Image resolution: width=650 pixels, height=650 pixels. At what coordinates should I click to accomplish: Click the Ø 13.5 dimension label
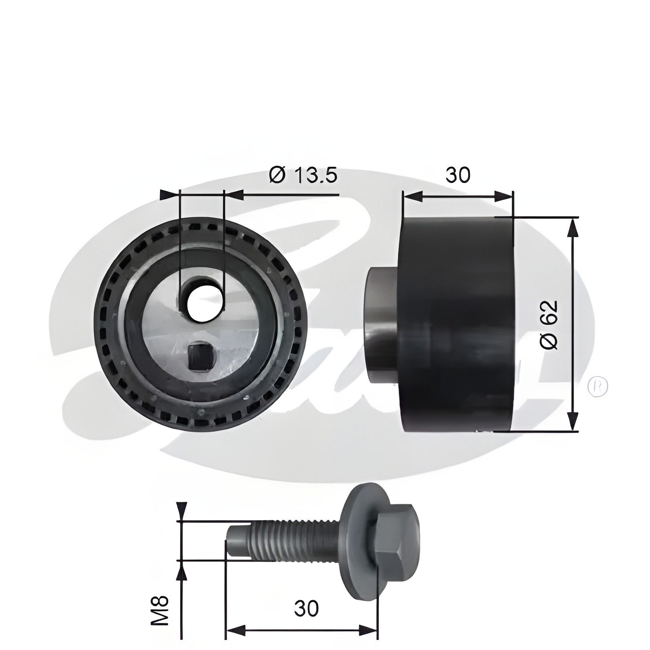pos(303,175)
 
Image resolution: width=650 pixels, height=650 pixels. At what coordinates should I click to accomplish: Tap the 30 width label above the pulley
pos(457,175)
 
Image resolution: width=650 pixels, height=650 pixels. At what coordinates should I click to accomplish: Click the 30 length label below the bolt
pos(306,609)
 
